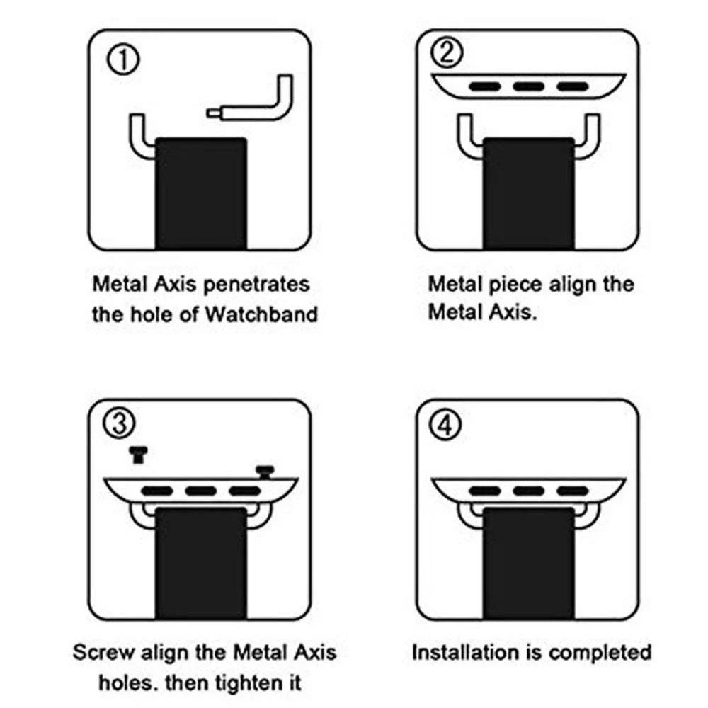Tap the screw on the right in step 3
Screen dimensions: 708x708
265,471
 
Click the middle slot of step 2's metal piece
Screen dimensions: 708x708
528,86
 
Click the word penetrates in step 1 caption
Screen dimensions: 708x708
257,285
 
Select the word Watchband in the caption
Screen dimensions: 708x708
261,314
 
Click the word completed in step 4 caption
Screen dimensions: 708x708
600,652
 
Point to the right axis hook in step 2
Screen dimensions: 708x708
585,137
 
